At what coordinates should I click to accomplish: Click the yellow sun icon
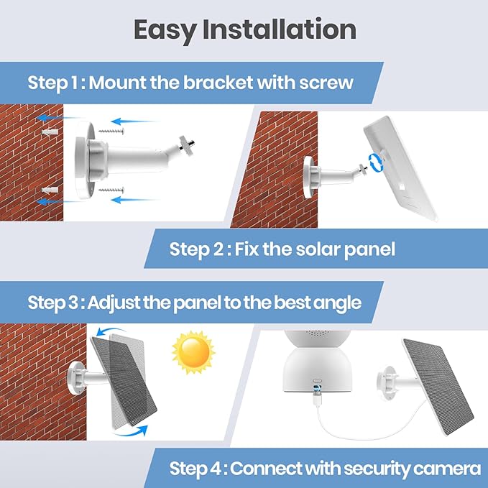193,351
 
